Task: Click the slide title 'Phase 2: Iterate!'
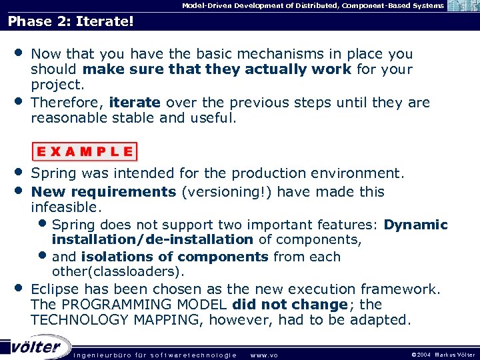71,21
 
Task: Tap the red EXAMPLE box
84,151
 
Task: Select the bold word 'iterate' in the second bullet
135,103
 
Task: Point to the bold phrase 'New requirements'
103,192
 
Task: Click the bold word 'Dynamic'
415,225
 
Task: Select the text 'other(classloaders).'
118,272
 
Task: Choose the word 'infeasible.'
66,207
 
